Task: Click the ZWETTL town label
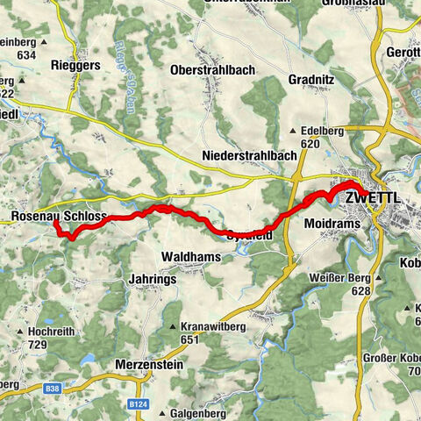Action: (x=375, y=197)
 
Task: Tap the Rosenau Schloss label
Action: (x=60, y=216)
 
